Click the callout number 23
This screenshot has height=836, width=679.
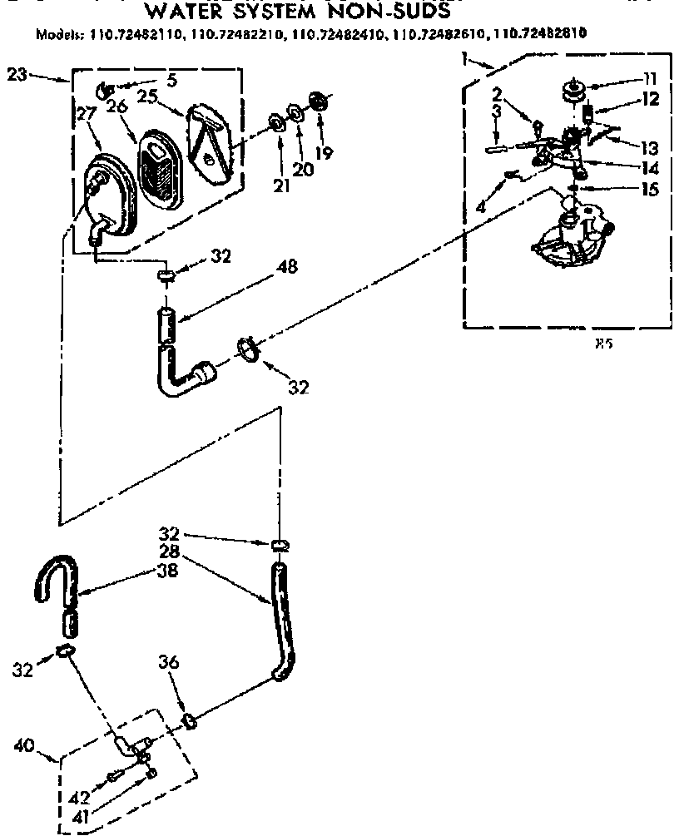click(17, 75)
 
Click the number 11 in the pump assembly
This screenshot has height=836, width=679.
click(650, 80)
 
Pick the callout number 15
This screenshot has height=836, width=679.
click(650, 189)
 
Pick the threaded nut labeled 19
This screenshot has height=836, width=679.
click(317, 100)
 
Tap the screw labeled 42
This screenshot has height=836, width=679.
click(113, 779)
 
